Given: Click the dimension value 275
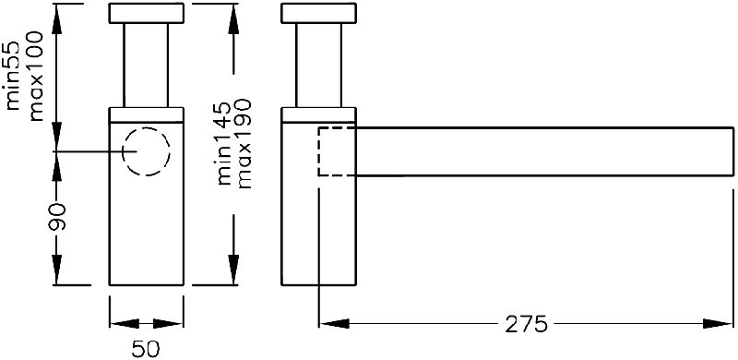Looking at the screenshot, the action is (x=526, y=324).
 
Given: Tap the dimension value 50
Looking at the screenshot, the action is (x=146, y=349).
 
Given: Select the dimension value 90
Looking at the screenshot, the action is (x=57, y=217).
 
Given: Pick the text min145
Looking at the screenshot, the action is (x=225, y=143).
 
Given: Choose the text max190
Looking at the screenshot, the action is (x=244, y=143).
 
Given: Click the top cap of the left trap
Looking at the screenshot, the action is (x=147, y=13).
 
